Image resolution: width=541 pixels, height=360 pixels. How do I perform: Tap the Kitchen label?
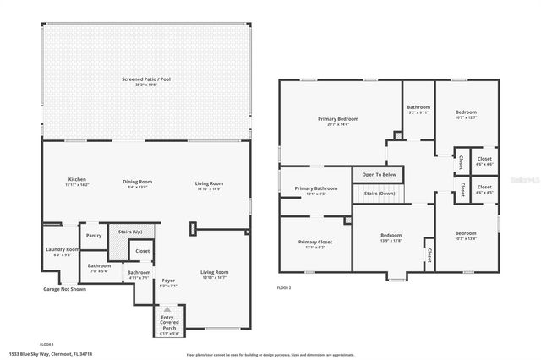click(x=78, y=180)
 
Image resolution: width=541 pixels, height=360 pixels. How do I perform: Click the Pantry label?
click(x=94, y=236)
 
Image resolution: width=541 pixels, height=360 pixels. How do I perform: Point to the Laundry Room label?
click(x=62, y=249)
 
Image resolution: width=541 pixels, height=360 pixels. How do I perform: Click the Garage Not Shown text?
click(x=64, y=289)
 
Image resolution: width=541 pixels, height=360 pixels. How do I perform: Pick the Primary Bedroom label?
click(x=338, y=119)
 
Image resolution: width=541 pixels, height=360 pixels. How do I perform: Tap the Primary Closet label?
click(x=315, y=242)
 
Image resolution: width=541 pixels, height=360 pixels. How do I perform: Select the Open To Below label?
click(x=380, y=174)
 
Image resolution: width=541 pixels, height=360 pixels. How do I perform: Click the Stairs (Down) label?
click(x=380, y=193)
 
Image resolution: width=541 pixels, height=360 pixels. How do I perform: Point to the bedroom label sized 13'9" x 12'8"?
click(x=391, y=235)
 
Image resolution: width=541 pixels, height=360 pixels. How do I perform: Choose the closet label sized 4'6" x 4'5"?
click(x=484, y=187)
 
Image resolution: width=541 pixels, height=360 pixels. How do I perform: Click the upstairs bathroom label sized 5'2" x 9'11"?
click(x=418, y=107)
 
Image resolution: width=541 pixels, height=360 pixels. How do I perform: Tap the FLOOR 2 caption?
click(x=284, y=287)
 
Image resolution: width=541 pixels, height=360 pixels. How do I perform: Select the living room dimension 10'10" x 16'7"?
click(x=214, y=277)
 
